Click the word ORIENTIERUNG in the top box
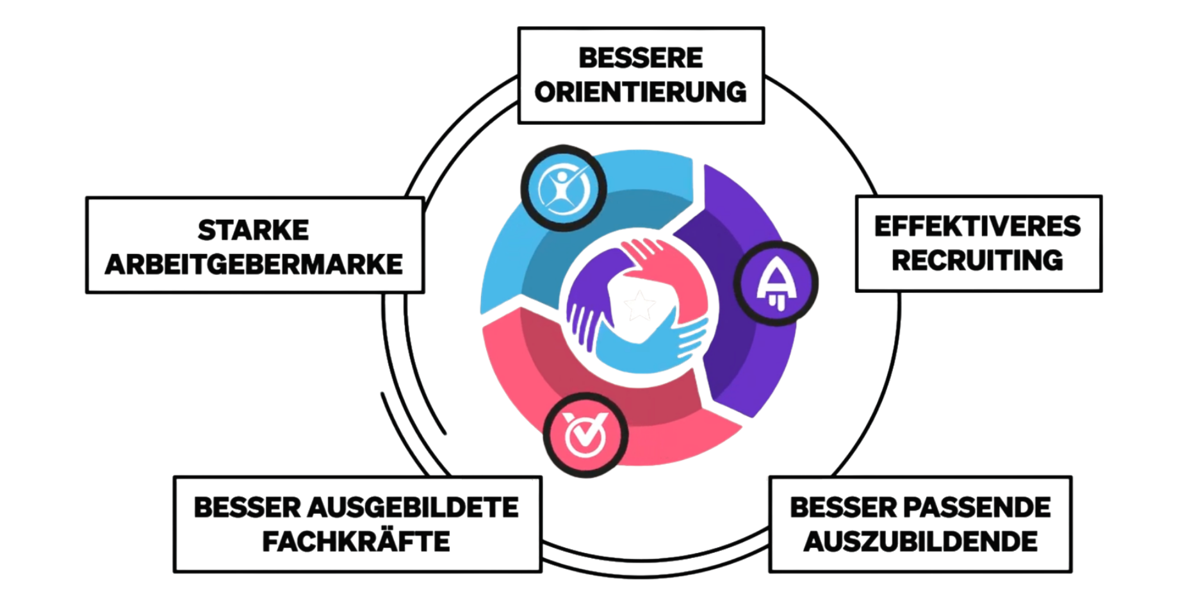coord(641,92)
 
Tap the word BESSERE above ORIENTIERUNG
coord(641,58)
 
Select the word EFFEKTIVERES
coord(977,227)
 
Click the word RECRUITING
coord(977,261)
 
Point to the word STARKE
coord(254,231)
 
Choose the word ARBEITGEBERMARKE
coord(254,265)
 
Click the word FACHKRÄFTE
coord(356,542)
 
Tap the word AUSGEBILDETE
coord(413,507)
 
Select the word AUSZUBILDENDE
coord(920,542)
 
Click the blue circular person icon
coord(564,188)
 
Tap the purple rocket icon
coord(776,284)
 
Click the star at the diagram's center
coord(639,306)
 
